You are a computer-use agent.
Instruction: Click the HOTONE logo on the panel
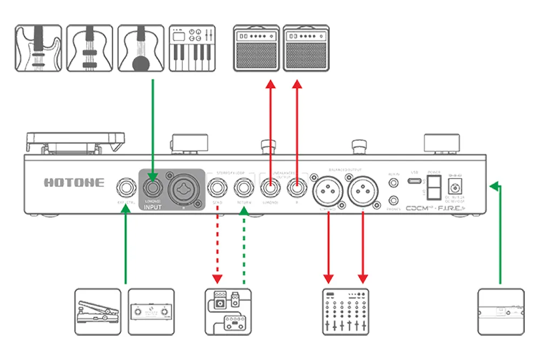pyautogui.click(x=73, y=182)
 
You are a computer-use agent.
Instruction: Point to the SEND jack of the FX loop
pyautogui.click(x=218, y=189)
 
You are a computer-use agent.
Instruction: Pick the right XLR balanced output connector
pyautogui.click(x=362, y=191)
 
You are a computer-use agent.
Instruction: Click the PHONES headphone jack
pyautogui.click(x=393, y=200)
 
